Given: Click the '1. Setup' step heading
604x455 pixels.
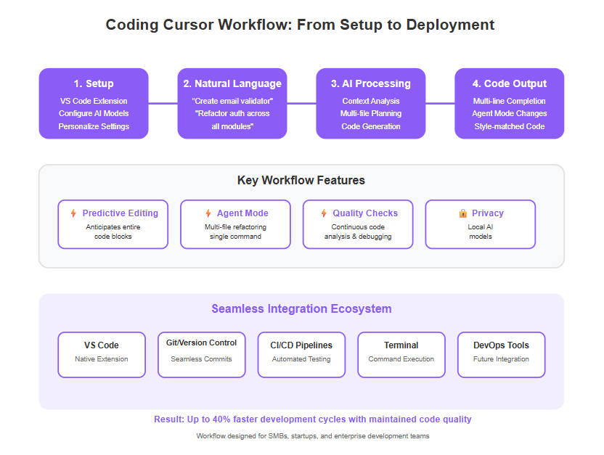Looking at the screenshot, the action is [94, 83].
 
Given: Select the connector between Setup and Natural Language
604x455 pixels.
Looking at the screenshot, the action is [163, 103].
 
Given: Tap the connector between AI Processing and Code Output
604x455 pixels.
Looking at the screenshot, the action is [440, 103].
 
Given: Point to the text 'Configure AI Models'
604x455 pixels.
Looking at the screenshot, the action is [94, 113].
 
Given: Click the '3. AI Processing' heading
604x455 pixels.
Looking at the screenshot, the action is [370, 83].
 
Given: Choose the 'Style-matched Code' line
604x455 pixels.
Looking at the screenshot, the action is [509, 126].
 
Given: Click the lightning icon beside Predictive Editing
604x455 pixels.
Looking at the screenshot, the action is [73, 213].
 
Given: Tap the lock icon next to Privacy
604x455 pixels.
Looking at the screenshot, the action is [463, 213].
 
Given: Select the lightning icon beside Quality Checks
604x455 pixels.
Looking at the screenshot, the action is [324, 213].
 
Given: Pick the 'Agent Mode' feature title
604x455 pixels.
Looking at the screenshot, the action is [242, 213].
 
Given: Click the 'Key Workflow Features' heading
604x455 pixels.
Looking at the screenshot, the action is [301, 180].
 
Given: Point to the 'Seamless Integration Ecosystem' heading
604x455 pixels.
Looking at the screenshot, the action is [301, 308].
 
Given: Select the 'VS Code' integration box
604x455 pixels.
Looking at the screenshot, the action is [102, 355].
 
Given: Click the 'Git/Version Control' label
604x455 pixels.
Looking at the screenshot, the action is [202, 343].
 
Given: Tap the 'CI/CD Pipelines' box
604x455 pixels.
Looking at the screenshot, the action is [301, 355].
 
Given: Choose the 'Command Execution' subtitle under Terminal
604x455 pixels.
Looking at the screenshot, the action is [401, 359].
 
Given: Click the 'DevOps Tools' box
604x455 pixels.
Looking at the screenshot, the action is [501, 355].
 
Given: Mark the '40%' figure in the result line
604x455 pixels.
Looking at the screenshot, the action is [221, 419].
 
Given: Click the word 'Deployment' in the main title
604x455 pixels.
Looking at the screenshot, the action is [450, 25].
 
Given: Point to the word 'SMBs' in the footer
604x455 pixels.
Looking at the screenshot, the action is [278, 436].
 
